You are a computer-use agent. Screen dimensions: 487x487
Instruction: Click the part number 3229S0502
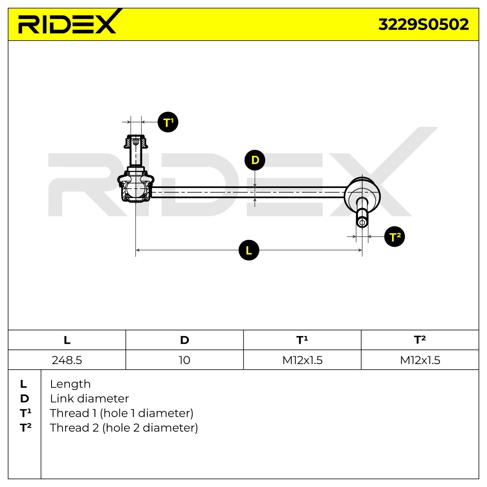(423, 24)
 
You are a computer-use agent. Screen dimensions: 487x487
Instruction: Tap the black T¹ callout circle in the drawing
(168, 122)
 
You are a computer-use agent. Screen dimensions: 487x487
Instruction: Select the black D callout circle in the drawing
(255, 160)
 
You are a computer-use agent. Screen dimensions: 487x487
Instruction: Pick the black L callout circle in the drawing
(249, 250)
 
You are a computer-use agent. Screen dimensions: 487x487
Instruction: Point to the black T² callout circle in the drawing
(394, 237)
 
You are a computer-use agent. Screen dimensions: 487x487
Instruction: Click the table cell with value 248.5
(67, 360)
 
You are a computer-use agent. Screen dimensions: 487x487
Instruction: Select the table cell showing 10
(185, 360)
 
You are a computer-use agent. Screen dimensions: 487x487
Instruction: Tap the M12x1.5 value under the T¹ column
(302, 360)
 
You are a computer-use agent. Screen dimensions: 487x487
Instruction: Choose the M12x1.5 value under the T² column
(420, 360)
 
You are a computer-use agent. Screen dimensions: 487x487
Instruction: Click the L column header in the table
(67, 340)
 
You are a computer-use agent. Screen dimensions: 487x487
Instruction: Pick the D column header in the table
(185, 340)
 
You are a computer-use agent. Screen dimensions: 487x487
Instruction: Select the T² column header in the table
(420, 340)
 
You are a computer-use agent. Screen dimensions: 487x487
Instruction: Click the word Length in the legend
(70, 384)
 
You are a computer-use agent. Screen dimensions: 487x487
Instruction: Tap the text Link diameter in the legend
(89, 399)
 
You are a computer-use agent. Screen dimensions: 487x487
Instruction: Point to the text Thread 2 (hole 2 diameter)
(124, 428)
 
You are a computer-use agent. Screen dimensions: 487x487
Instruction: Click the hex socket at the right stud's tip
(362, 222)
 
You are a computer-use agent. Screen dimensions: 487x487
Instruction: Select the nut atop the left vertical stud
(136, 142)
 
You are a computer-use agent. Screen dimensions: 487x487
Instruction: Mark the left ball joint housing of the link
(136, 187)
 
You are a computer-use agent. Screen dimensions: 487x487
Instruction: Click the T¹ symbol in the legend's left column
(26, 413)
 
